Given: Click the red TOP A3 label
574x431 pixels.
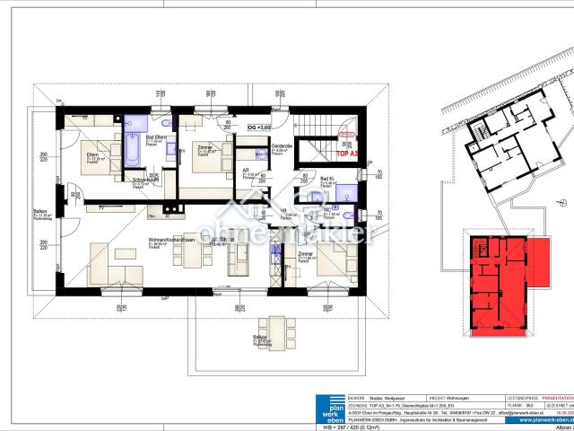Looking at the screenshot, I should [x=346, y=154].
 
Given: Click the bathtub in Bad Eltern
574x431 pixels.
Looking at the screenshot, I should [x=132, y=149].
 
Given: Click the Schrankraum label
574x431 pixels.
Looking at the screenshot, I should [x=145, y=180].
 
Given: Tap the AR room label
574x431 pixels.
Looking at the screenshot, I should [x=246, y=170].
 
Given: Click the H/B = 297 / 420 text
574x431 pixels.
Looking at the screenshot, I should [x=343, y=426].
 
